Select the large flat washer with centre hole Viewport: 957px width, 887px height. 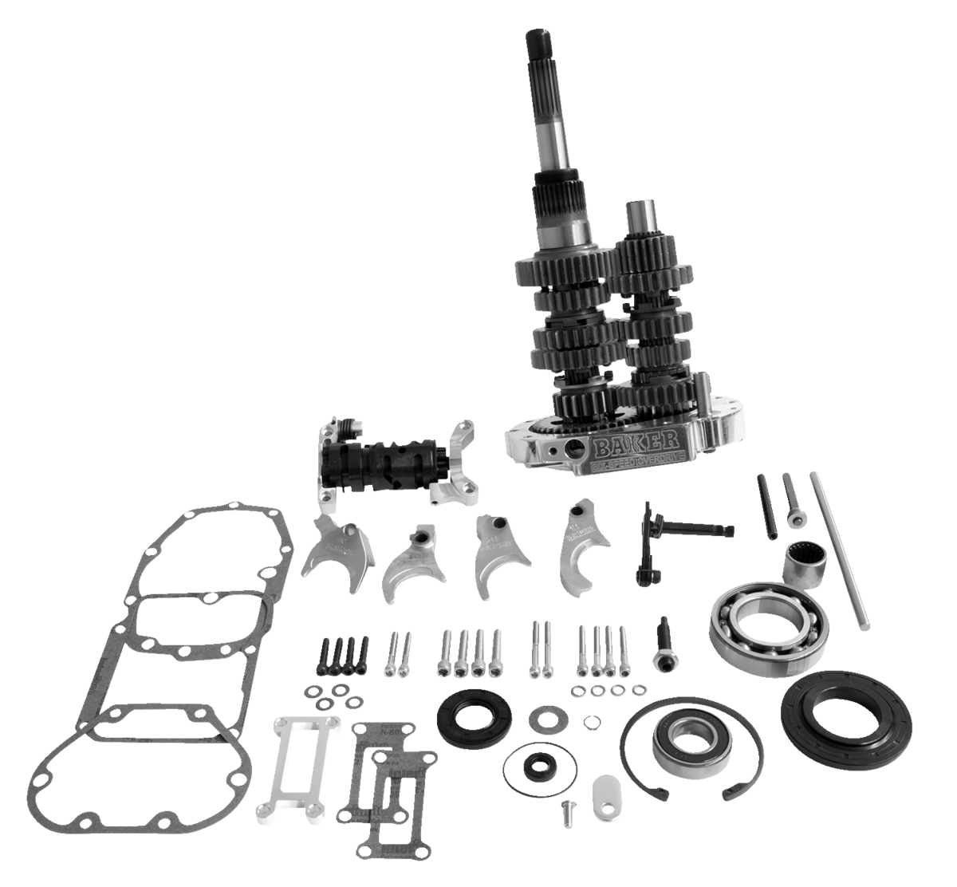547,715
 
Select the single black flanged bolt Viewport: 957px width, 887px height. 664,647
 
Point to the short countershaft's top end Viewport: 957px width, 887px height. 638,214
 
